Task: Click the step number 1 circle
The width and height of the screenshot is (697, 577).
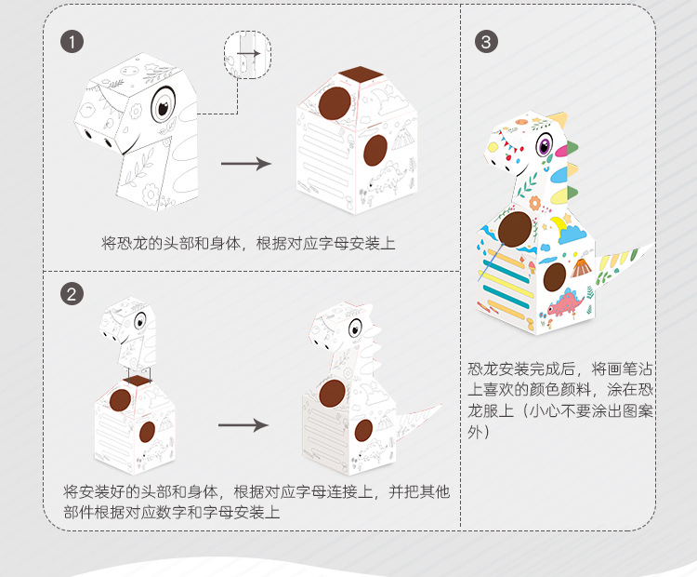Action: pyautogui.click(x=72, y=42)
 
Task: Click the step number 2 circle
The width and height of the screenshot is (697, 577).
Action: pyautogui.click(x=72, y=294)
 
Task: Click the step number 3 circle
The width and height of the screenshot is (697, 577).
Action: pyautogui.click(x=486, y=42)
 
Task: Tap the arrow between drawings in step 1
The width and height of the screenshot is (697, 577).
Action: pyautogui.click(x=246, y=164)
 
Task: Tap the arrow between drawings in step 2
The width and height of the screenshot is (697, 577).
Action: pyautogui.click(x=243, y=424)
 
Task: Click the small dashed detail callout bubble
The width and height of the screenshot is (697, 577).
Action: pyautogui.click(x=247, y=55)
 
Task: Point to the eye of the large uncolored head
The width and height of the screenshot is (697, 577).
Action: pyautogui.click(x=163, y=105)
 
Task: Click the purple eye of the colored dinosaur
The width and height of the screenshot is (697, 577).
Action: pyautogui.click(x=545, y=145)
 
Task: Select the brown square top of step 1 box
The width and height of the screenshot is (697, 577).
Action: pyautogui.click(x=361, y=74)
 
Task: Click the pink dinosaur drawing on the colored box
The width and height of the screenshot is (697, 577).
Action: pyautogui.click(x=565, y=302)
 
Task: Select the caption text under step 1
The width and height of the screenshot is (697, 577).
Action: pyautogui.click(x=248, y=243)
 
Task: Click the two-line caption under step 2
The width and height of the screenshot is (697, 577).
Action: pyautogui.click(x=256, y=502)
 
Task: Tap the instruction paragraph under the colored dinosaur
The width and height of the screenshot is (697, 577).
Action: pyautogui.click(x=560, y=399)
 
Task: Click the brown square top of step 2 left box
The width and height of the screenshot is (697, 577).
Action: pyautogui.click(x=138, y=381)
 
